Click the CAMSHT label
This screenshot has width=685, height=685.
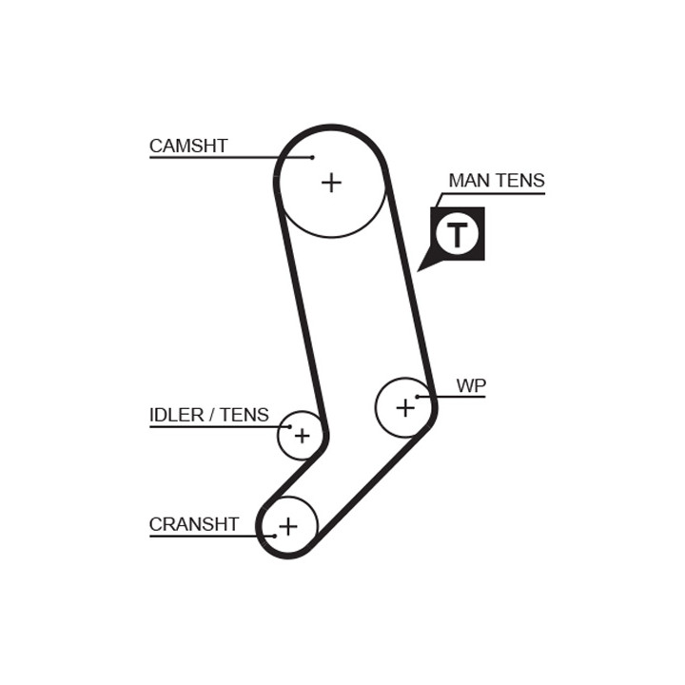pyautogui.click(x=188, y=146)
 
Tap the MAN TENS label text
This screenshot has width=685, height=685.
pyautogui.click(x=497, y=181)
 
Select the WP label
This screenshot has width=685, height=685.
pyautogui.click(x=471, y=385)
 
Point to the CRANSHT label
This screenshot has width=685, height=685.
pyautogui.click(x=194, y=524)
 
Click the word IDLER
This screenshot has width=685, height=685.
pyautogui.click(x=177, y=415)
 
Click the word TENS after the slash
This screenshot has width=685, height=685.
pyautogui.click(x=245, y=415)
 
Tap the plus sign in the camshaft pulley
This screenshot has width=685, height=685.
pyautogui.click(x=331, y=183)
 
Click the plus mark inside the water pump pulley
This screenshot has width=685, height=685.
pyautogui.click(x=405, y=407)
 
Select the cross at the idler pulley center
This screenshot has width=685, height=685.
pyautogui.click(x=302, y=436)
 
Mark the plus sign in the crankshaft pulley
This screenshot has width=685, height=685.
pyautogui.click(x=288, y=526)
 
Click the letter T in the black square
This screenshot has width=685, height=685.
pyautogui.click(x=458, y=234)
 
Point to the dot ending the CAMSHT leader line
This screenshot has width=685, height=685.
pyautogui.click(x=312, y=157)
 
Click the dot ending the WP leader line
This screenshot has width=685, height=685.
pyautogui.click(x=418, y=397)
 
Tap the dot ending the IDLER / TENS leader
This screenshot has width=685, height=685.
pyautogui.click(x=289, y=426)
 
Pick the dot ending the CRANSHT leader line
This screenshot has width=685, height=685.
pyautogui.click(x=274, y=536)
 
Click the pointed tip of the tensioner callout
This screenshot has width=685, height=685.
pyautogui.click(x=418, y=271)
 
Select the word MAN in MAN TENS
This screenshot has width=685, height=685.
pyautogui.click(x=466, y=181)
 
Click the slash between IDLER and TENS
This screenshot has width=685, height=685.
pyautogui.click(x=212, y=415)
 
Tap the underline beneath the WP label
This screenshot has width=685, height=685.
pyautogui.click(x=451, y=397)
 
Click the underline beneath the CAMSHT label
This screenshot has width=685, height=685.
pyautogui.click(x=230, y=157)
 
